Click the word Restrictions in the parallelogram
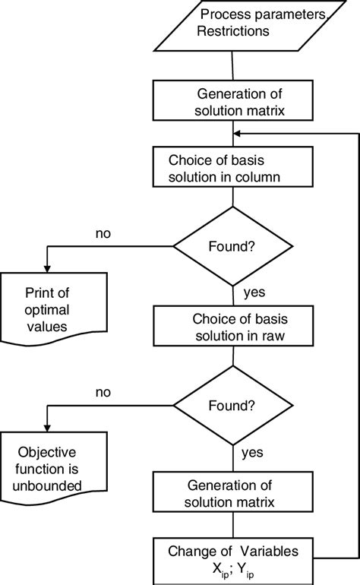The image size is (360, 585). tap(233, 31)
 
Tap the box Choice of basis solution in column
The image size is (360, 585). tap(233, 167)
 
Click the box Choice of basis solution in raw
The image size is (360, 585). tap(233, 326)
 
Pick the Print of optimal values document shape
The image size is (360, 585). tap(54, 309)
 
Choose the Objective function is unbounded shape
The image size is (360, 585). tap(54, 469)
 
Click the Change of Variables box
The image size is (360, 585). tap(233, 561)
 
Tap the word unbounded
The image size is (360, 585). tap(47, 485)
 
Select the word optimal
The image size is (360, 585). tap(47, 310)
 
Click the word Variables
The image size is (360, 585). tap(269, 551)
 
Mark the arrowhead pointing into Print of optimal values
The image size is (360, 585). tap(47, 269)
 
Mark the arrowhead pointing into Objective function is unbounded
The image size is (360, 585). tap(47, 428)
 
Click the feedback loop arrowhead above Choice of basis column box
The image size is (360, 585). tap(237, 134)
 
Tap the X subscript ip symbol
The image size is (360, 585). tap(220, 570)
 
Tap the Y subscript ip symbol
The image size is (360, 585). tap(245, 570)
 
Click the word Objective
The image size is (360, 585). tap(47, 452)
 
